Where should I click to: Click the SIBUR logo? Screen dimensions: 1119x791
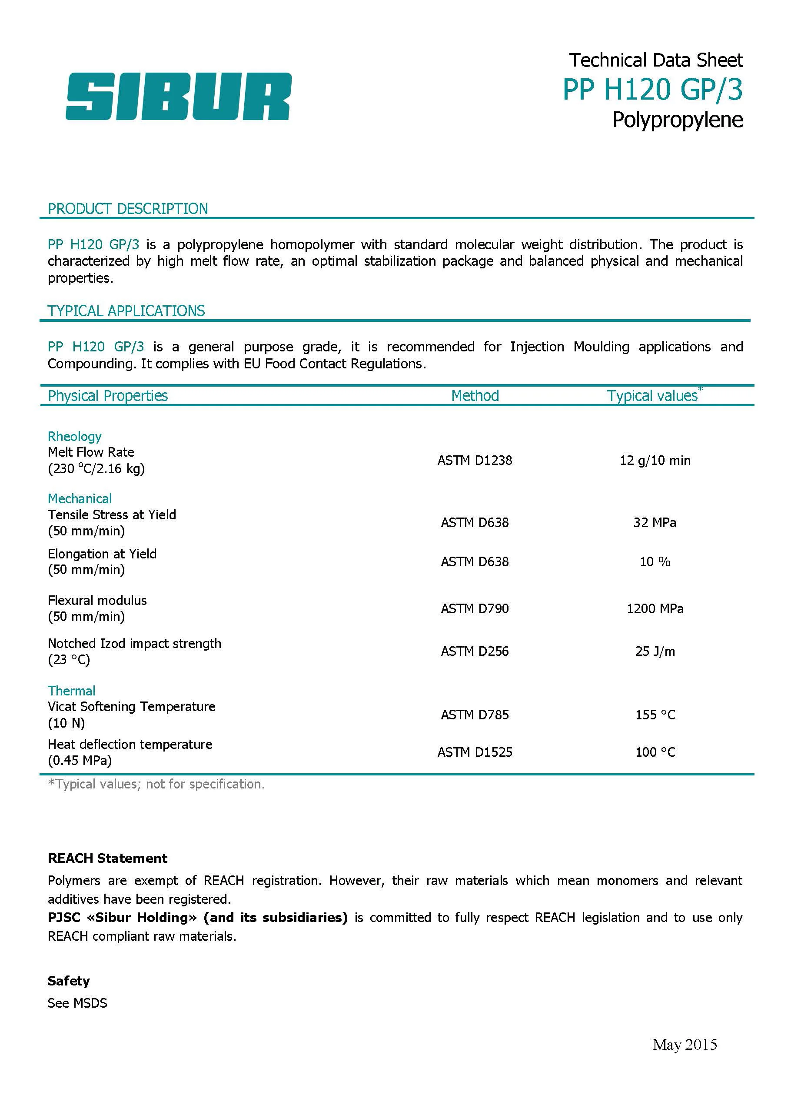click(178, 96)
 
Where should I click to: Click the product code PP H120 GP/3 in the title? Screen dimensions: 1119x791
click(652, 90)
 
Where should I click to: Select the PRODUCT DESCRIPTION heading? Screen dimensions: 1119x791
click(128, 209)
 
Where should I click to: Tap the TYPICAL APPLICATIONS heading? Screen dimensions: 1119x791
click(126, 311)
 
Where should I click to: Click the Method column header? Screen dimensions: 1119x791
click(475, 396)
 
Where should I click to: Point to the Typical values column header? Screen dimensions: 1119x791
click(652, 396)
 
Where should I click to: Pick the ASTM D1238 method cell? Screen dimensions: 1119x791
click(475, 461)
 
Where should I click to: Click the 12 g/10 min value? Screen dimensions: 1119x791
click(655, 461)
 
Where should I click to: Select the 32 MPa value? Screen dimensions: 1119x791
click(655, 523)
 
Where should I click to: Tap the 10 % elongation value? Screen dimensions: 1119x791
click(655, 562)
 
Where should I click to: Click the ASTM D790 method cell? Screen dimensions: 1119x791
click(475, 609)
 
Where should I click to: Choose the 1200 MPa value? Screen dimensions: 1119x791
click(655, 609)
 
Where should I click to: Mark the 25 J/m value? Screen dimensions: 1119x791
click(655, 651)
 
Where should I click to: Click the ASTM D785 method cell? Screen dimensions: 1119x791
click(475, 715)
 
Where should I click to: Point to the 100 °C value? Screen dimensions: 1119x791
click(655, 752)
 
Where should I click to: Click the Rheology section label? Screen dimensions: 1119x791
click(74, 436)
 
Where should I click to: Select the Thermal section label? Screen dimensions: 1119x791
click(72, 691)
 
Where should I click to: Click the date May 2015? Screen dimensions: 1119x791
click(685, 1045)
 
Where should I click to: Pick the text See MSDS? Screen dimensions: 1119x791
click(77, 1003)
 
